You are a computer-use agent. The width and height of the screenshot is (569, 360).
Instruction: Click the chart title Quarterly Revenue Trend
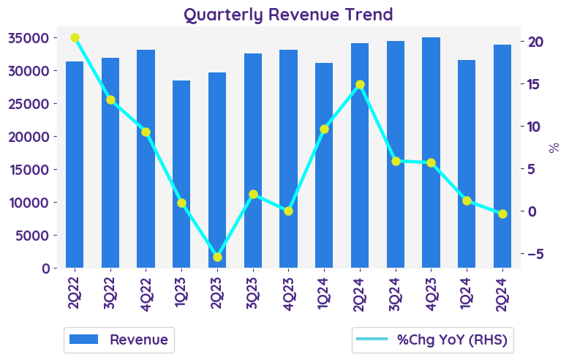pyautogui.click(x=288, y=14)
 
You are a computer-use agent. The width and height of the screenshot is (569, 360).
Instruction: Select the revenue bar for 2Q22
pyautogui.click(x=75, y=165)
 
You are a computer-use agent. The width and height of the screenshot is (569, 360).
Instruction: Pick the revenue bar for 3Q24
pyautogui.click(x=396, y=154)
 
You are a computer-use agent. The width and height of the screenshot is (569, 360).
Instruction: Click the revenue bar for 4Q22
pyautogui.click(x=146, y=159)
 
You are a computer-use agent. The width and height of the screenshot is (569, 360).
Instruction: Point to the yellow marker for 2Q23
pyautogui.click(x=217, y=257)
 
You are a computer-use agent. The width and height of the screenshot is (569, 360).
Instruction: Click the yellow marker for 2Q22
pyautogui.click(x=75, y=37)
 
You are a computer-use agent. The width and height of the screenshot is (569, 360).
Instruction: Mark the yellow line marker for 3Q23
pyautogui.click(x=253, y=195)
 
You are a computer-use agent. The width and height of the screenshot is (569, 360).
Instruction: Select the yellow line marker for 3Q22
pyautogui.click(x=110, y=100)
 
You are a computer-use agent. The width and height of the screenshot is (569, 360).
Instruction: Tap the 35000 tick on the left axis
pyautogui.click(x=29, y=38)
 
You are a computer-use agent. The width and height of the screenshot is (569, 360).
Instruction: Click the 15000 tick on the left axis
pyautogui.click(x=29, y=170)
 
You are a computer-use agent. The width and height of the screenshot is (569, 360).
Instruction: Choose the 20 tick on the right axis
pyautogui.click(x=535, y=42)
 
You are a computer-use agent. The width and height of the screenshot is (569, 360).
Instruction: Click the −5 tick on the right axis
pyautogui.click(x=535, y=254)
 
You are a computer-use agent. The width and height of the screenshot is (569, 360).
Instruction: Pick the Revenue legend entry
pyautogui.click(x=118, y=340)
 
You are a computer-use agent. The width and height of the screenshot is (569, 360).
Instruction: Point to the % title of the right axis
pyautogui.click(x=554, y=147)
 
